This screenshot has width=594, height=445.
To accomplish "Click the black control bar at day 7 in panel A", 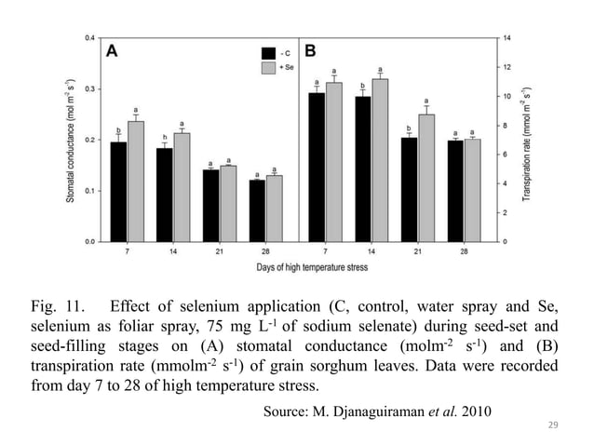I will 118,192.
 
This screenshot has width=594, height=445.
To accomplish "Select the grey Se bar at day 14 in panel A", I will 181,187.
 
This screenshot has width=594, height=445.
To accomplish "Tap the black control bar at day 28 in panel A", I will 256,210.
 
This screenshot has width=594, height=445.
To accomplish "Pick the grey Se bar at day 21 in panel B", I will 426,178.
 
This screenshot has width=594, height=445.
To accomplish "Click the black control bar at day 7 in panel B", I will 317,167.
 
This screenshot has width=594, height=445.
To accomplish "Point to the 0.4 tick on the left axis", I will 88,38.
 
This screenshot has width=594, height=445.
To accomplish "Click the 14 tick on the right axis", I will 507,38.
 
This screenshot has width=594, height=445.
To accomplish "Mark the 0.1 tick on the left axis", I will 88,191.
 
